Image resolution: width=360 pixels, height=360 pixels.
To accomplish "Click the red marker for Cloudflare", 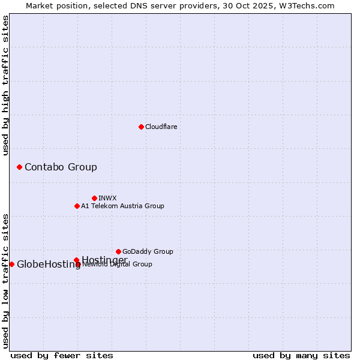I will [x=141, y=127].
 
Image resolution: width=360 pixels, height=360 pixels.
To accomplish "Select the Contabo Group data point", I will [x=19, y=167].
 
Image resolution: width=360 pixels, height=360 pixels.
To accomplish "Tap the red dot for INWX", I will [x=94, y=198].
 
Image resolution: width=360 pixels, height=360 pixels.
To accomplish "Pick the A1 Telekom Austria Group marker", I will [x=77, y=206].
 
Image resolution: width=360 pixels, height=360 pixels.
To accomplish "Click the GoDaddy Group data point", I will [x=118, y=251].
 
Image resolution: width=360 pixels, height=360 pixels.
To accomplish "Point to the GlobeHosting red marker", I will [x=11, y=264].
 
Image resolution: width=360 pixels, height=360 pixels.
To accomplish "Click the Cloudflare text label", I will [x=161, y=127].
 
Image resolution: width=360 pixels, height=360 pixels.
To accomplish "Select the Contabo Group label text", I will [x=61, y=167].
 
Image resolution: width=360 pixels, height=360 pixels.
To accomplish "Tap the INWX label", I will [x=107, y=198].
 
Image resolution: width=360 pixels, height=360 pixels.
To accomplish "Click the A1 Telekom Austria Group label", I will [x=122, y=206].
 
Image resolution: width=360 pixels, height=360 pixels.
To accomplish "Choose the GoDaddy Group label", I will [x=148, y=251].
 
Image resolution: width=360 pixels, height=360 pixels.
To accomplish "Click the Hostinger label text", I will [x=104, y=259].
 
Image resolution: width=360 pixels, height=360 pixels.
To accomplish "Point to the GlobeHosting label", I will [x=49, y=265].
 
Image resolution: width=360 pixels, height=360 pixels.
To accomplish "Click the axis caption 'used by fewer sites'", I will [x=62, y=355].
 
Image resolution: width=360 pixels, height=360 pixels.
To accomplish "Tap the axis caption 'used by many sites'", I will [x=301, y=355].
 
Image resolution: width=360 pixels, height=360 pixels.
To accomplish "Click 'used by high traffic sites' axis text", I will [x=6, y=85].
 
